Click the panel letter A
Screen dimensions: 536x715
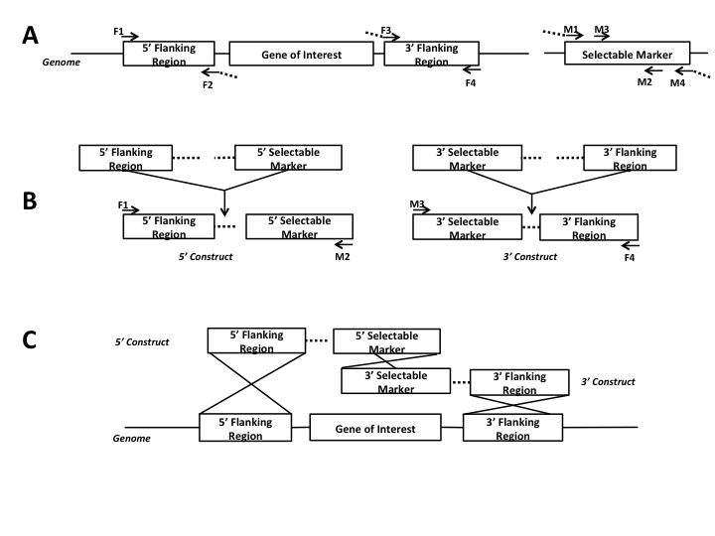tap(32, 37)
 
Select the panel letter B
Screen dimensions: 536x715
tap(31, 200)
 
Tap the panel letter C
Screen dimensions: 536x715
tap(32, 339)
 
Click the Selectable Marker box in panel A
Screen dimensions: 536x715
tap(626, 55)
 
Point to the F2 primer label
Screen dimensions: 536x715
tap(208, 85)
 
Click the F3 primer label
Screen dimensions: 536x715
tap(385, 31)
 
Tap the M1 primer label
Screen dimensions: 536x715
tap(571, 31)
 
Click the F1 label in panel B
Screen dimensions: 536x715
tap(124, 205)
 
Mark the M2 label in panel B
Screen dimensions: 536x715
tap(342, 256)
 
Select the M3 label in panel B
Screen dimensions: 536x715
tap(417, 205)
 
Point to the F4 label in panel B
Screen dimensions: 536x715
tap(629, 257)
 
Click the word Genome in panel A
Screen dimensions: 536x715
tap(60, 62)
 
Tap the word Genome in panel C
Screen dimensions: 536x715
tap(131, 438)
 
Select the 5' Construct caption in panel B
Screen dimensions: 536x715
tap(195, 256)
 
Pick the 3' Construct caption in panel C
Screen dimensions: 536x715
tap(608, 381)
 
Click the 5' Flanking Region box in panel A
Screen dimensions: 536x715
tap(168, 55)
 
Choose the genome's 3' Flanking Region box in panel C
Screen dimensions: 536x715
tap(512, 429)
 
